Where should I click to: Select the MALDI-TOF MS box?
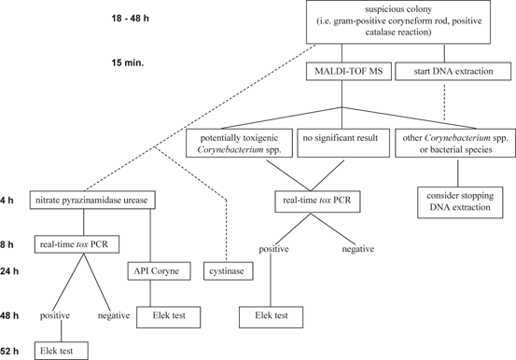(351, 70)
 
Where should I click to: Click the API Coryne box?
(158, 271)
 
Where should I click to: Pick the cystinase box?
(228, 271)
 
